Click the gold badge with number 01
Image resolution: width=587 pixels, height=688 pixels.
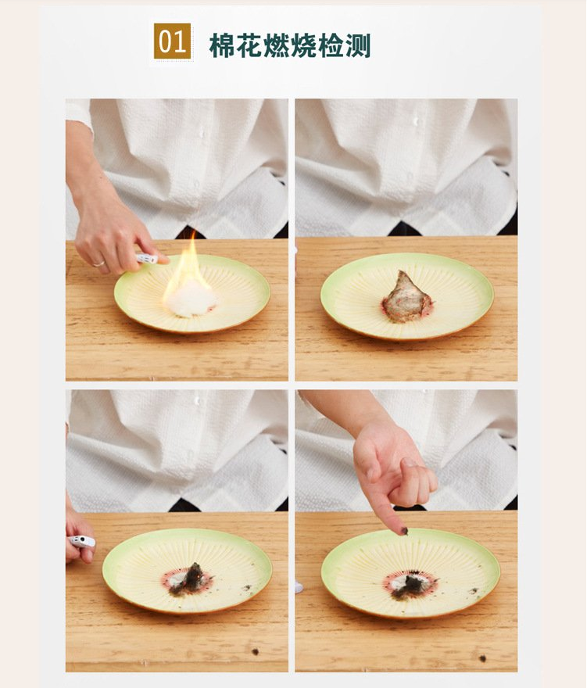pyautogui.click(x=172, y=41)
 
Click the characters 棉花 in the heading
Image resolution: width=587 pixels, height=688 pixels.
pyautogui.click(x=236, y=45)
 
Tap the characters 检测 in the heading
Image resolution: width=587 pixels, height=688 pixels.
pyautogui.click(x=345, y=45)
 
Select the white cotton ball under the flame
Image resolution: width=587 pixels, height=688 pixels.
pyautogui.click(x=191, y=299)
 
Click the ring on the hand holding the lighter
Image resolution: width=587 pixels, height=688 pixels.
pyautogui.click(x=98, y=263)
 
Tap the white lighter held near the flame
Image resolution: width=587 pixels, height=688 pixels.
pyautogui.click(x=147, y=259)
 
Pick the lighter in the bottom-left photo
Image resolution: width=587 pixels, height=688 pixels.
pyautogui.click(x=82, y=541)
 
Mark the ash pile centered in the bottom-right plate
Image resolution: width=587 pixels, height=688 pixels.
pyautogui.click(x=411, y=586)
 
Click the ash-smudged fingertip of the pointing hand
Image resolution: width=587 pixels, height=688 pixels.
pyautogui.click(x=402, y=530)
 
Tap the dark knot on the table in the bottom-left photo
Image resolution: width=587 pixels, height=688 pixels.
pyautogui.click(x=255, y=651)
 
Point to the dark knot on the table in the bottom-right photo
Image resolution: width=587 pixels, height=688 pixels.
pyautogui.click(x=482, y=658)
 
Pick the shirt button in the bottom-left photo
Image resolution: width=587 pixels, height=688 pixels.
pyautogui.click(x=198, y=400)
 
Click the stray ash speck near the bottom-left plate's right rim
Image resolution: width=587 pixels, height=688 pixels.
pyautogui.click(x=246, y=587)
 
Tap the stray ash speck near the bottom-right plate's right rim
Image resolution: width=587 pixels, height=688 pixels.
pyautogui.click(x=474, y=590)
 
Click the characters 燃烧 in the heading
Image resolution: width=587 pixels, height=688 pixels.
pyautogui.click(x=290, y=45)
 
